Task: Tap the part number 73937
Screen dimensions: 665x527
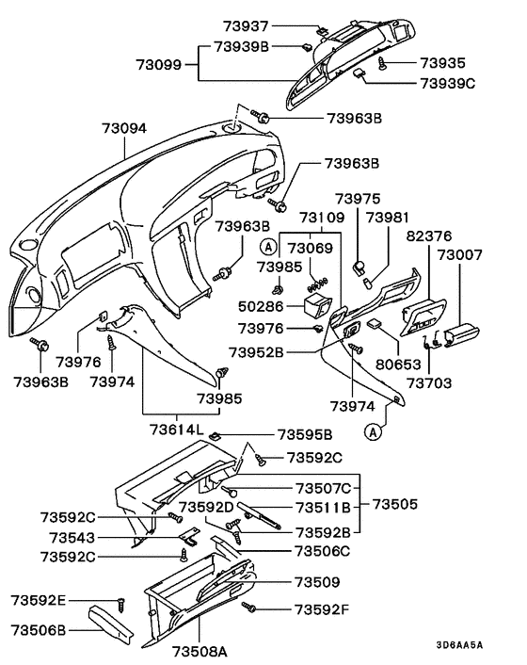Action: (247, 26)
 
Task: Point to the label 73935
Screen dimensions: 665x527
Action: (442, 63)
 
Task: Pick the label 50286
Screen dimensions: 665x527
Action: (257, 308)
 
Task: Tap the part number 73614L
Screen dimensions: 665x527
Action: (175, 430)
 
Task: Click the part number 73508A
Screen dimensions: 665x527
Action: (199, 650)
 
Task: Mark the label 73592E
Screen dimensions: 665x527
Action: (39, 600)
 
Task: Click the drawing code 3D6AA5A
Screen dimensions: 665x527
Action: (459, 645)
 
